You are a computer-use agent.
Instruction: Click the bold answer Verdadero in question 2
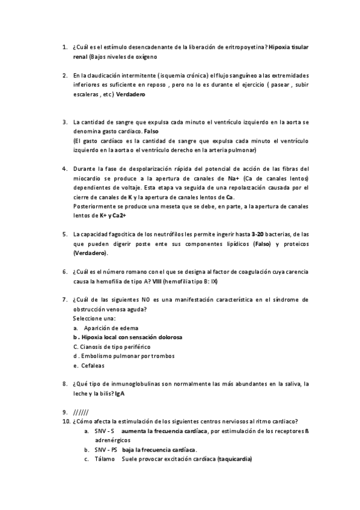click(131, 95)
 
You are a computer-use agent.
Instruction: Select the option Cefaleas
click(93, 366)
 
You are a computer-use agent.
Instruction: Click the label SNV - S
click(104, 431)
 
